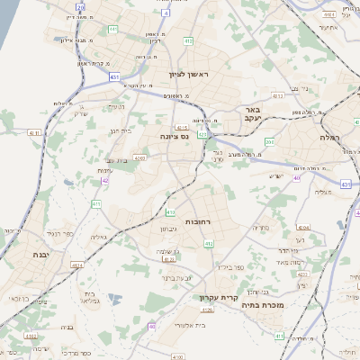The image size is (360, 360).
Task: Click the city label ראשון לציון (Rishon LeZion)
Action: pos(193,75)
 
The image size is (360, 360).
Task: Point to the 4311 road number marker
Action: pos(35,132)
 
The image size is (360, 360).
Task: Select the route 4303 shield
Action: pos(139,157)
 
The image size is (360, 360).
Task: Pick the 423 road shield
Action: pos(202,134)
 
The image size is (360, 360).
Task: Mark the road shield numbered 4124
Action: pos(76,265)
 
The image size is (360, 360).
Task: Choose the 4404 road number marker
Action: pos(328,14)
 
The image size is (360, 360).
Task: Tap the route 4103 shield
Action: pos(169,260)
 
